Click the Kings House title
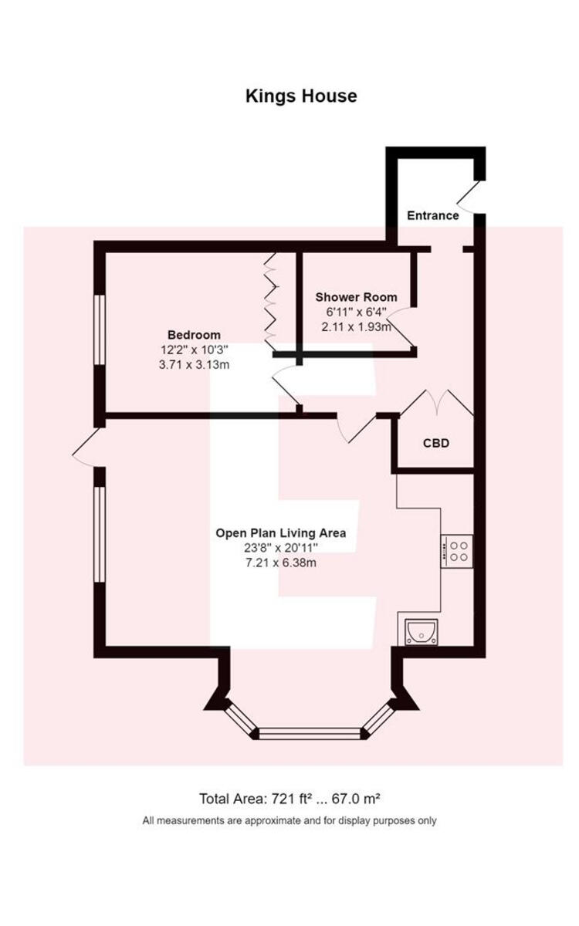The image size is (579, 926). click(301, 96)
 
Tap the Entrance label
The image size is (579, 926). click(432, 215)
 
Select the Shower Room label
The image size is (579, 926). click(356, 297)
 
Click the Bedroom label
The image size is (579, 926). click(194, 335)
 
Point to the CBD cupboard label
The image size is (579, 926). click(435, 444)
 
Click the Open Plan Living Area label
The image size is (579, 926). click(280, 532)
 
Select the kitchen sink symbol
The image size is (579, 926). click(422, 632)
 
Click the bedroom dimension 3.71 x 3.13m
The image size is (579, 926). click(194, 364)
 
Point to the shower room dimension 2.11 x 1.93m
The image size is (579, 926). click(356, 326)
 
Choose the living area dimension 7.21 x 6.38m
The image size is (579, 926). click(280, 563)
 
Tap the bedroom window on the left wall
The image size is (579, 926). click(98, 327)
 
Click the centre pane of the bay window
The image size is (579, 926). click(309, 733)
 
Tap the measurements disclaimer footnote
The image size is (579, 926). click(289, 820)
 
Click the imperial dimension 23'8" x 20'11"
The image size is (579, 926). click(280, 548)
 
